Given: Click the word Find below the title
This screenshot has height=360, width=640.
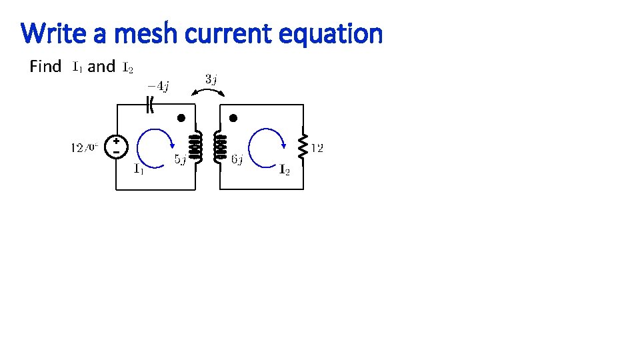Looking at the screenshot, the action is (x=45, y=67).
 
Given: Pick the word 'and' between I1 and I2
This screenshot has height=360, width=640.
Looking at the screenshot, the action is (x=101, y=67).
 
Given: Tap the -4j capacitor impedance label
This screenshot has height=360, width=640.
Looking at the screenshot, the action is (x=158, y=85).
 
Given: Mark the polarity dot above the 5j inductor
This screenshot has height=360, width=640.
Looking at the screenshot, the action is (x=180, y=119).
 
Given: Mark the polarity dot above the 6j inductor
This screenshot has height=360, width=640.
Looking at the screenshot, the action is (x=233, y=119).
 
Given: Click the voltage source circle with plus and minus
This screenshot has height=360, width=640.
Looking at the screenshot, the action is (x=116, y=147).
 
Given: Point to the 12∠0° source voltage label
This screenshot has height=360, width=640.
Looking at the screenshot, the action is (x=85, y=147).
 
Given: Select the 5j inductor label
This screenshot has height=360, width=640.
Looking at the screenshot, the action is (x=180, y=159).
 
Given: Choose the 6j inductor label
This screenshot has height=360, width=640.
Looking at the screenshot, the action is (x=237, y=159).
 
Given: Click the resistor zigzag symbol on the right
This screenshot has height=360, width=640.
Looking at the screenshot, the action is (x=303, y=147).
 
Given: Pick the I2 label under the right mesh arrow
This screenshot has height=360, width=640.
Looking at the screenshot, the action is (x=284, y=170).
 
